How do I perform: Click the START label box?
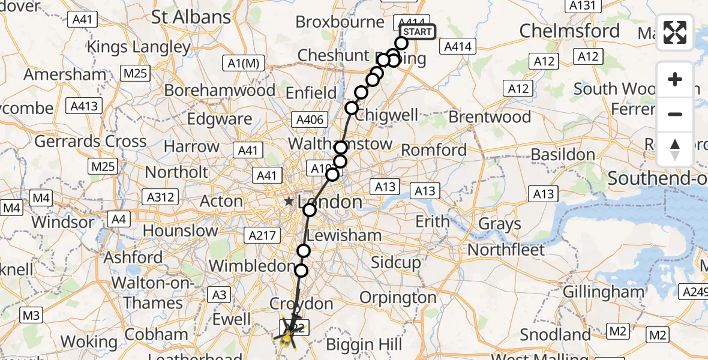coord(416,32)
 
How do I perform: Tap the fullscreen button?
coord(675,32)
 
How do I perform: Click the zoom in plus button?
coord(675,80)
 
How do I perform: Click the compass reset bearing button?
coord(675,149)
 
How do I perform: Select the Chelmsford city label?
coord(569,31)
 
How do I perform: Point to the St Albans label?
coord(191,17)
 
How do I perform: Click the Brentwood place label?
coord(490,116)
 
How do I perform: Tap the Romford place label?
coord(434,149)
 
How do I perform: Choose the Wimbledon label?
coord(252,265)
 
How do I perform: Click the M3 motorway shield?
coord(31,315)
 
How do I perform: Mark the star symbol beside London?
coord(289,202)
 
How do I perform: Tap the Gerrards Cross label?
coord(90,142)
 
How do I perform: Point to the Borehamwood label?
coord(220,91)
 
